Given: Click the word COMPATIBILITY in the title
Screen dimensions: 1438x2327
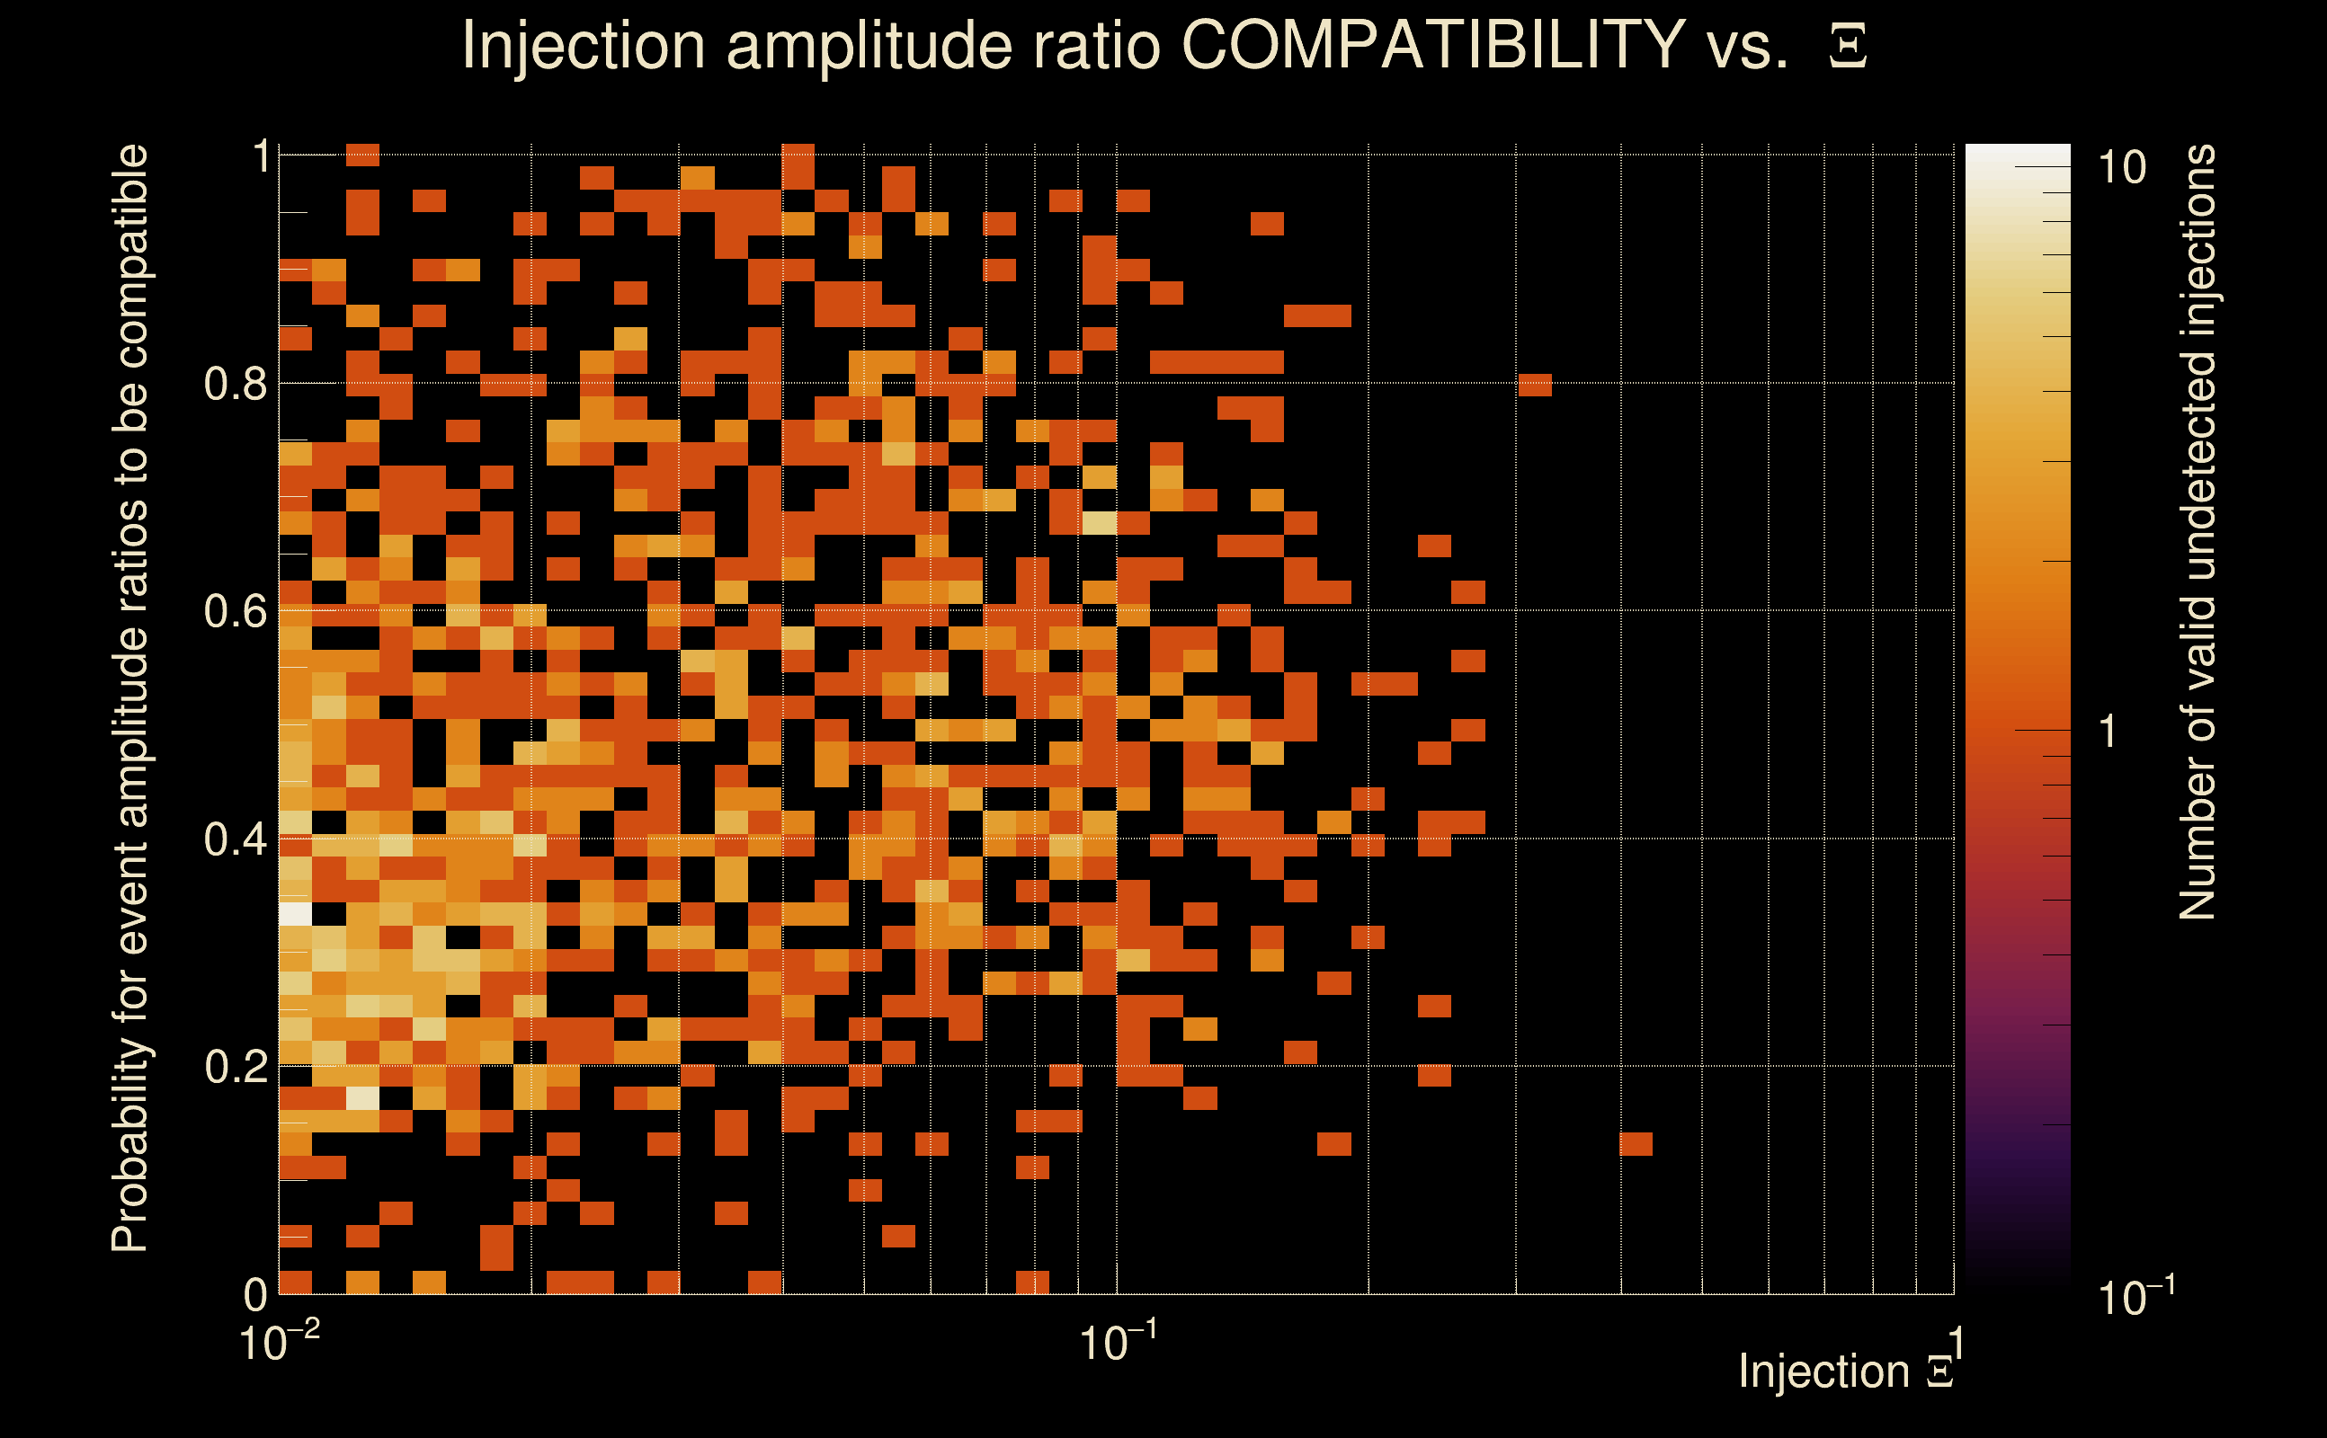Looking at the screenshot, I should point(1432,45).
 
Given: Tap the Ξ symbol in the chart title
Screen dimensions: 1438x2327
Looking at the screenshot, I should point(1848,47).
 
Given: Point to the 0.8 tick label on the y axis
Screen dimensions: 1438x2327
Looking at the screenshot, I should point(234,385).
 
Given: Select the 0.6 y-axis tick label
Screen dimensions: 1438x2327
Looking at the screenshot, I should point(234,611).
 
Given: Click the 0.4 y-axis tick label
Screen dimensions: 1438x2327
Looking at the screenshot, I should point(234,839).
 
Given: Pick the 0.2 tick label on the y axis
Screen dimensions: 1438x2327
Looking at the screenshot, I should point(234,1067).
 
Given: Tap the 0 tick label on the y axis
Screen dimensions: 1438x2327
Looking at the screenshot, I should point(255,1294).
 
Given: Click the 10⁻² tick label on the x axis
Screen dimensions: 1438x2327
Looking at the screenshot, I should point(279,1343).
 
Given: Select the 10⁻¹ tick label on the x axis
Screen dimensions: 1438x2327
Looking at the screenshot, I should point(1118,1343).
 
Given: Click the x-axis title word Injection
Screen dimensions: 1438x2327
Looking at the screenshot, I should point(1823,1371).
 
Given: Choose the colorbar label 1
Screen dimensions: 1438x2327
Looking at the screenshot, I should point(2109,732).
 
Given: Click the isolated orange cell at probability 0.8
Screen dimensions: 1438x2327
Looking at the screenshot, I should point(1536,386).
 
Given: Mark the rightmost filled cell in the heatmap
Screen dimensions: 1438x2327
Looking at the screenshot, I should point(1636,1144).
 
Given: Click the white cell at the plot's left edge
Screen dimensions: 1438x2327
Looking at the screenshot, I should point(295,914).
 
